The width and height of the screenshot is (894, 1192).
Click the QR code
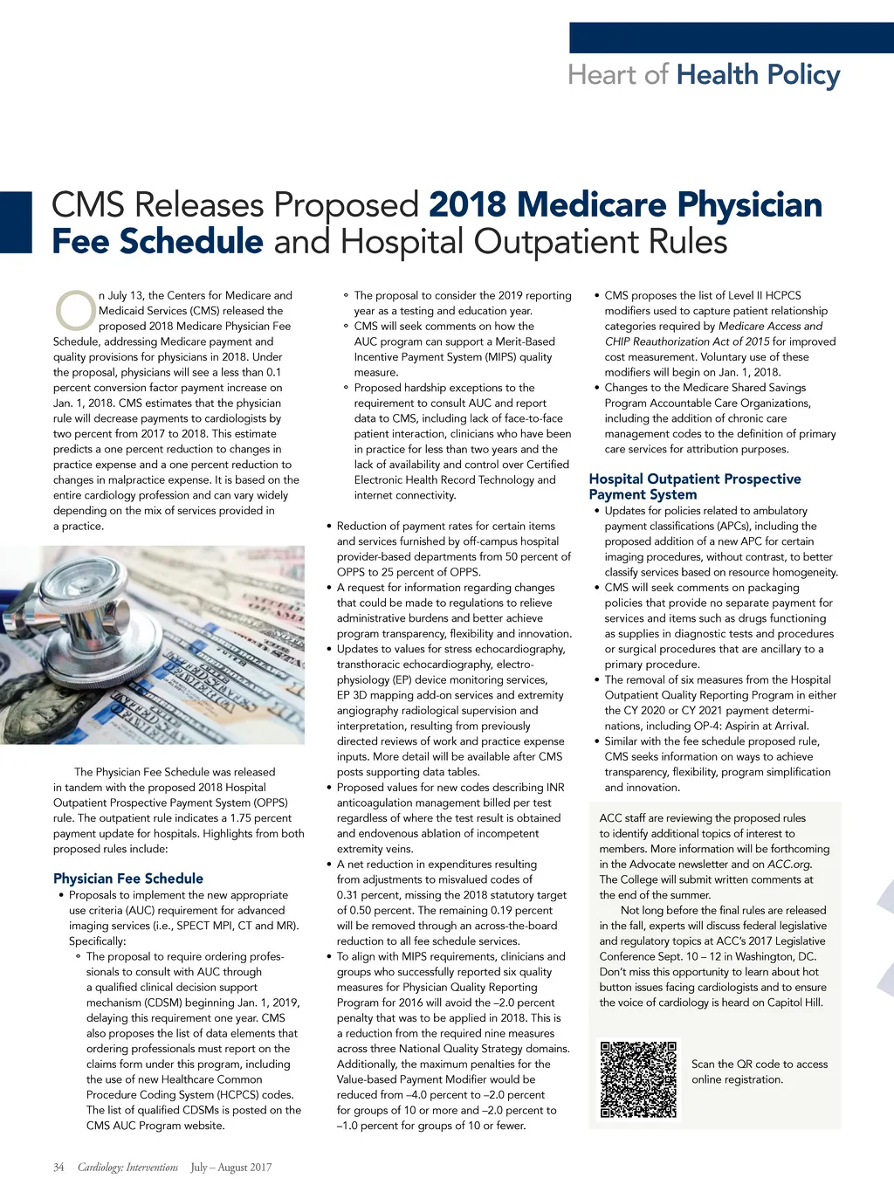click(638, 1079)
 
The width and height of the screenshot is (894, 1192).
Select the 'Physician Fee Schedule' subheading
click(128, 878)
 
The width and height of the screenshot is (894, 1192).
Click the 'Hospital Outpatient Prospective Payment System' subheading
click(694, 486)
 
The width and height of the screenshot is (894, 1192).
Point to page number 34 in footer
click(58, 1167)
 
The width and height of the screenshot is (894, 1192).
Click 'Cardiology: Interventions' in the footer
click(127, 1167)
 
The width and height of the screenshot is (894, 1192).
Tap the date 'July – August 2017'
click(231, 1167)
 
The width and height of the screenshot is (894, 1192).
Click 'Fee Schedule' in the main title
click(157, 242)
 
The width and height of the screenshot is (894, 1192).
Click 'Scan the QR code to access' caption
click(760, 1064)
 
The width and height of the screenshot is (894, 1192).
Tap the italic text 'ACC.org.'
click(789, 864)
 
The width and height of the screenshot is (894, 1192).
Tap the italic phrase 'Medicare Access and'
click(770, 326)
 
